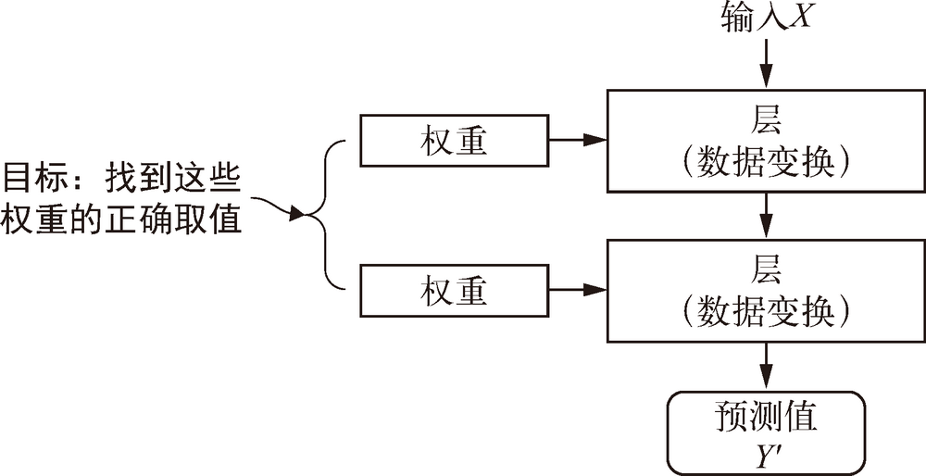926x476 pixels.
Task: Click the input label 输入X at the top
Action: click(766, 18)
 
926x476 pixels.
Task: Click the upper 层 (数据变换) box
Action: click(766, 141)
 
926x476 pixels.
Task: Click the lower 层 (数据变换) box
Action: click(766, 291)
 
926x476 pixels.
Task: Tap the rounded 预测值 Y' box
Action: click(766, 432)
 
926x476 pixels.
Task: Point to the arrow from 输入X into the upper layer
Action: click(766, 65)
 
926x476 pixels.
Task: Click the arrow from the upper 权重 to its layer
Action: click(578, 141)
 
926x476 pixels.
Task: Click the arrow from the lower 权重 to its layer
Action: click(578, 292)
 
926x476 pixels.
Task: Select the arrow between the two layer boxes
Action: click(766, 216)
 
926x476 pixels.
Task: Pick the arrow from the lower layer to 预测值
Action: click(766, 367)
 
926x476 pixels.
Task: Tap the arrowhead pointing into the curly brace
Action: click(297, 216)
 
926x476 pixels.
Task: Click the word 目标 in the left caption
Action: click(34, 176)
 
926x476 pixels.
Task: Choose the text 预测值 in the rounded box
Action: click(766, 416)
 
